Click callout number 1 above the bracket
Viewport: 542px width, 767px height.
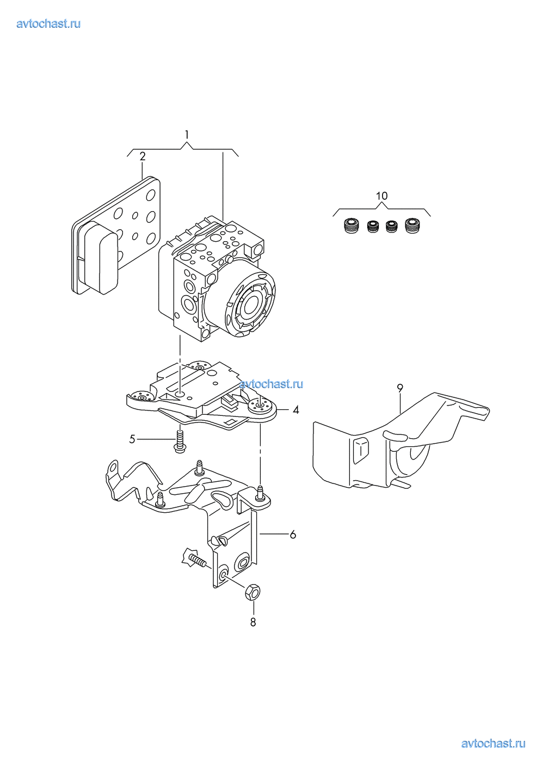(187, 134)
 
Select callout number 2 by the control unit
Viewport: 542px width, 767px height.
(143, 156)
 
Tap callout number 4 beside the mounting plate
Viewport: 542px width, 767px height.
(296, 409)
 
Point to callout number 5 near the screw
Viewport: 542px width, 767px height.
(132, 439)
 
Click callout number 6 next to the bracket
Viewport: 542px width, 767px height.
(293, 534)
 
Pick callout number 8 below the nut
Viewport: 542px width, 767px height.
(253, 622)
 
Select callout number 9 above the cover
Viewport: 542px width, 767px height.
(400, 388)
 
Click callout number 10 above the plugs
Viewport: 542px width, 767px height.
(382, 196)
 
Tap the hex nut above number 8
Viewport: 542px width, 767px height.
(252, 592)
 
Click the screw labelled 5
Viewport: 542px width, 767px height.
(180, 441)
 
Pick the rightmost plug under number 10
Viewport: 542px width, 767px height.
(412, 226)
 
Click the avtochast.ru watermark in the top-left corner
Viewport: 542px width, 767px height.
(48, 23)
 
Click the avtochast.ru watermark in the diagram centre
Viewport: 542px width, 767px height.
(271, 384)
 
